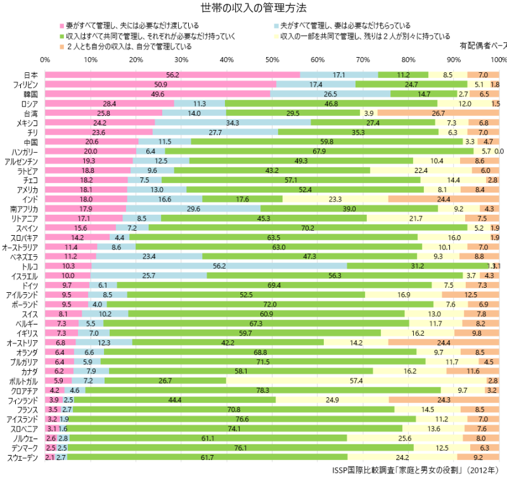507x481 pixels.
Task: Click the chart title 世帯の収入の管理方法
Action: pos(253,8)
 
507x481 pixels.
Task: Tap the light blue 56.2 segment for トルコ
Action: pos(219,266)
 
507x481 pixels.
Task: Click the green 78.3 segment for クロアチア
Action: pos(263,390)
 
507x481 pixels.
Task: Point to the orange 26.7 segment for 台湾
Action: pos(439,113)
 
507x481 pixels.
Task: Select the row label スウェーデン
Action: pos(23,458)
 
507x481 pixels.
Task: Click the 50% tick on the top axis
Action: pos(272,60)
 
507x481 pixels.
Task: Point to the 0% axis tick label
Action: pos(45,60)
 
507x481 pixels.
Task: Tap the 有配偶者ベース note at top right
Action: pos(483,46)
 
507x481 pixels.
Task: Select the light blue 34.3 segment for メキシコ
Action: pos(233,122)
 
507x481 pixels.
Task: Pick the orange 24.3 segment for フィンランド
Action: pos(444,400)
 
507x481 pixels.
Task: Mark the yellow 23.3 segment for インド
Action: pos(335,199)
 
